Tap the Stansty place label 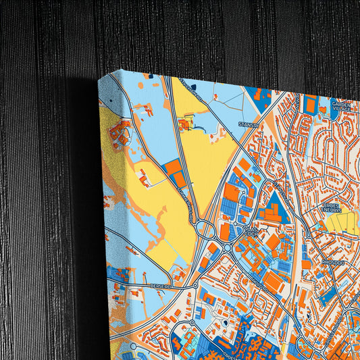248,125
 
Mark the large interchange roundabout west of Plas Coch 206,230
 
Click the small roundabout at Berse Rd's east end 195,286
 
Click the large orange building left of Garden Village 310,105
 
